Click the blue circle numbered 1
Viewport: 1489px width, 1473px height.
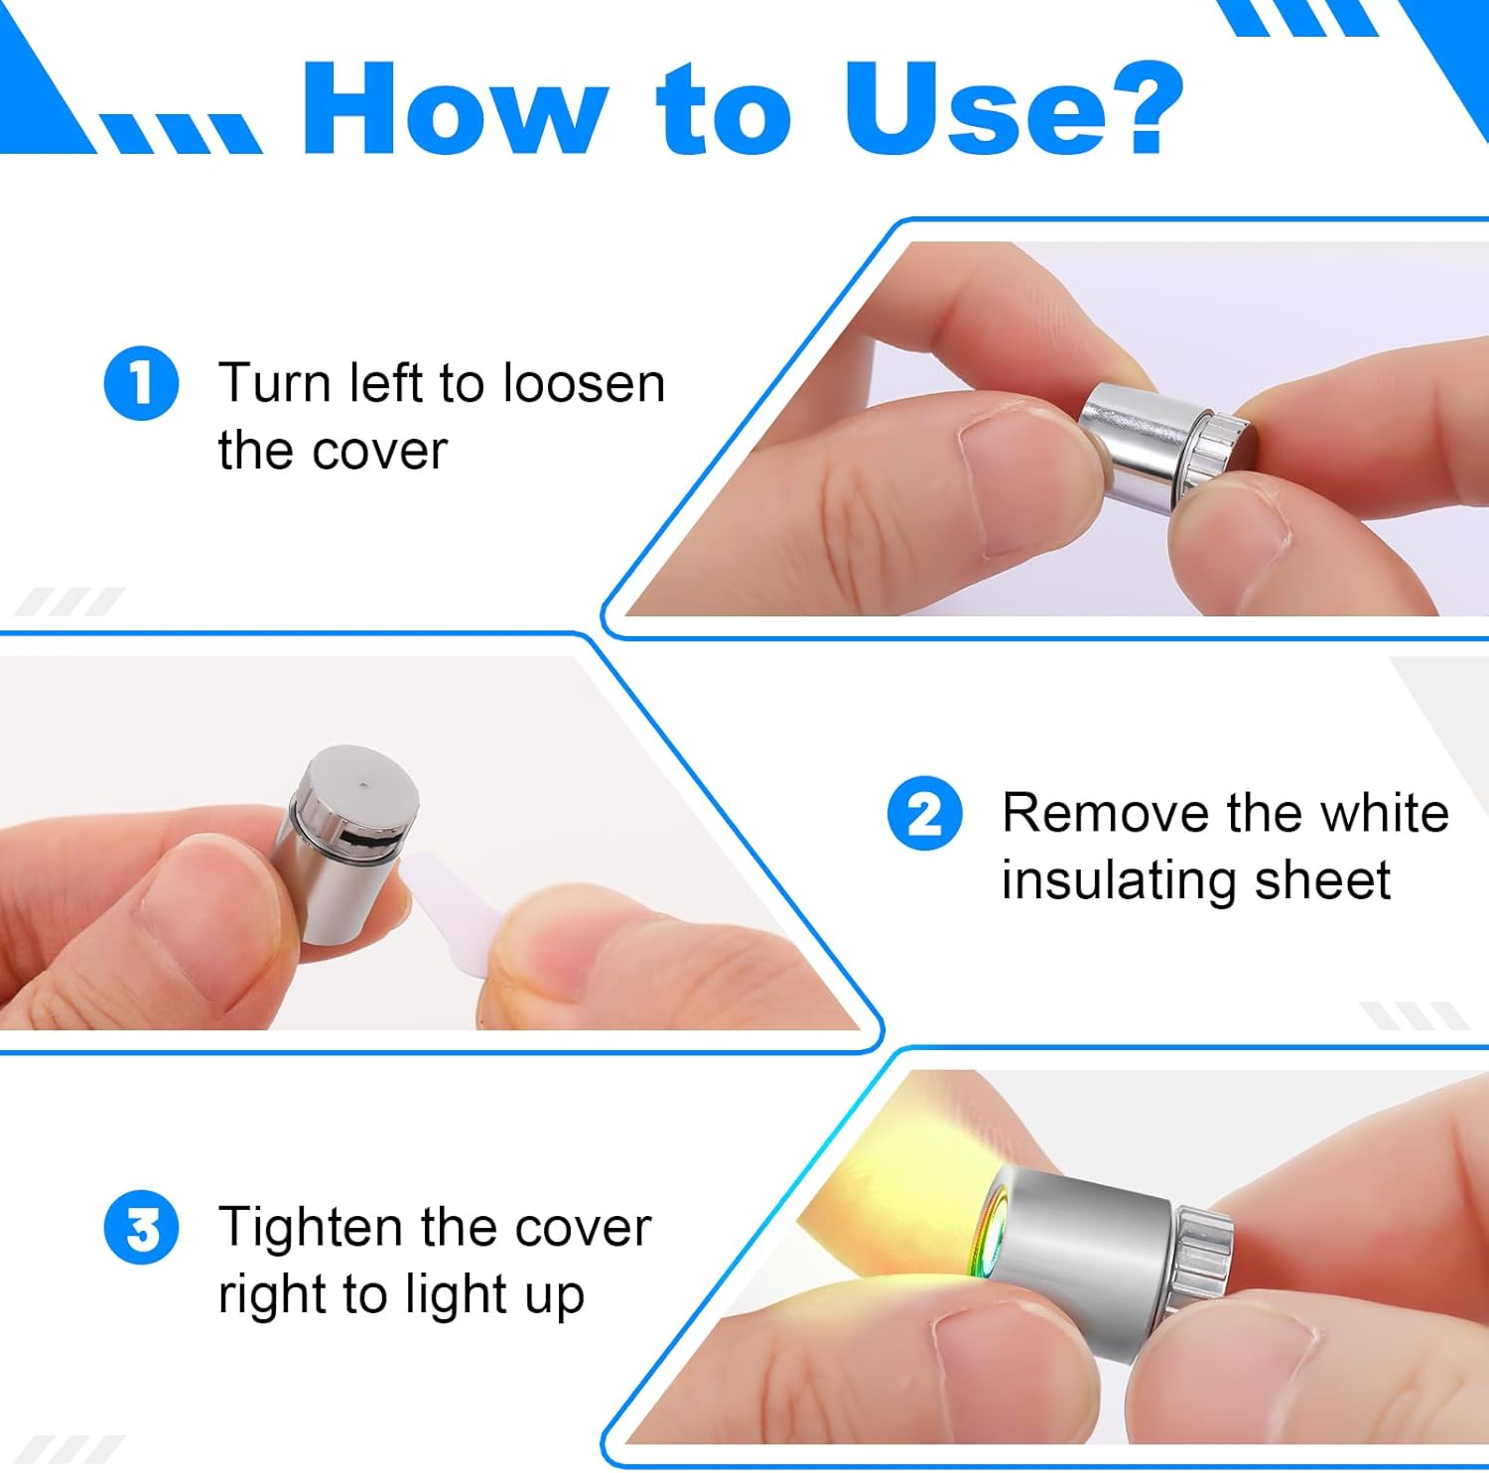pyautogui.click(x=141, y=383)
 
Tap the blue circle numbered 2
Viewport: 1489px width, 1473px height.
pyautogui.click(x=924, y=814)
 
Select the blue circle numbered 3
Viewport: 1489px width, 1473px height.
pyautogui.click(x=141, y=1227)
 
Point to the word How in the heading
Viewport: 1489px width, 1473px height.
pyautogui.click(x=455, y=107)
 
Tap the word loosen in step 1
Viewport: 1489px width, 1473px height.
pyautogui.click(x=584, y=383)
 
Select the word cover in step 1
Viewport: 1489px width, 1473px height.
pyautogui.click(x=381, y=453)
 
